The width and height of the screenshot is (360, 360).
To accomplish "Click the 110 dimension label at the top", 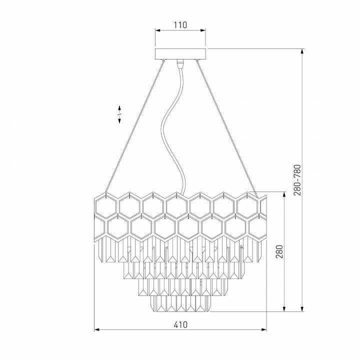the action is pyautogui.click(x=180, y=25).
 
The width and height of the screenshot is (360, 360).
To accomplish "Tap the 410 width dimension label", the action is pyautogui.click(x=180, y=324).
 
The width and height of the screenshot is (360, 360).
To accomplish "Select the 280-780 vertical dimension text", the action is pyautogui.click(x=297, y=180).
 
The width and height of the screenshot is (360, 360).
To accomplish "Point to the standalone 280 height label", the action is pyautogui.click(x=279, y=251).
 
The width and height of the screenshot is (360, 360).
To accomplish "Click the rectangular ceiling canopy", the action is pyautogui.click(x=180, y=54).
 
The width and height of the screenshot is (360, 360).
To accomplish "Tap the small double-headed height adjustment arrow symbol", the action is pyautogui.click(x=119, y=114).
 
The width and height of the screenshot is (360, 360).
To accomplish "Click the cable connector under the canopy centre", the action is pyautogui.click(x=180, y=62).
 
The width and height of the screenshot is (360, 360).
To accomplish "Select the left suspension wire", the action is pyautogui.click(x=134, y=126).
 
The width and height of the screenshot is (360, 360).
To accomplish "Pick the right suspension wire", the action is pyautogui.click(x=227, y=128).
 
